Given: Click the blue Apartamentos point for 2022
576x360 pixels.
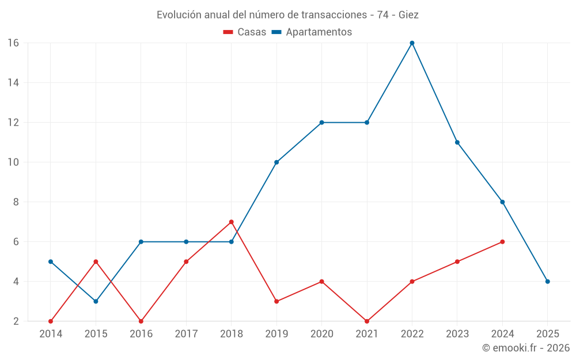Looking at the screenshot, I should [x=412, y=43].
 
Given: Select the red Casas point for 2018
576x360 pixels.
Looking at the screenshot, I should [x=231, y=222].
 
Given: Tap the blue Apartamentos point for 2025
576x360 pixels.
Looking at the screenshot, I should [x=547, y=282].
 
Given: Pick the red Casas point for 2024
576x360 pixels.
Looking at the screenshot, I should [x=502, y=242].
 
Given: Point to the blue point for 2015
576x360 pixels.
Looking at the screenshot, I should [x=96, y=301].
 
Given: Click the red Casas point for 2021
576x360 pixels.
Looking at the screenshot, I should [x=367, y=321].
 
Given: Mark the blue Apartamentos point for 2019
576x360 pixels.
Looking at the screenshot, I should [x=276, y=162].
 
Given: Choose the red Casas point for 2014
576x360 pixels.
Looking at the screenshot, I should [x=51, y=321].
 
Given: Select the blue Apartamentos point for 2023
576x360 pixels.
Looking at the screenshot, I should [x=457, y=142].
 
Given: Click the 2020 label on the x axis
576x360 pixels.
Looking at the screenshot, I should [x=321, y=334].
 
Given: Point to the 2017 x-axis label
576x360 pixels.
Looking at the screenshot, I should [x=186, y=334].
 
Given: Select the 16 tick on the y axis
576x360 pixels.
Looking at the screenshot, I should [x=13, y=43].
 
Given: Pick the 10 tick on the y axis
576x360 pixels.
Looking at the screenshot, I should [x=13, y=162].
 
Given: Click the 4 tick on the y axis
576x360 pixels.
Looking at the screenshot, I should [x=16, y=282].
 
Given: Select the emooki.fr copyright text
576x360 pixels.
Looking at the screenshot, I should [x=526, y=348].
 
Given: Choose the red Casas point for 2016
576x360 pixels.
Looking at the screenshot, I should [x=141, y=321].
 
